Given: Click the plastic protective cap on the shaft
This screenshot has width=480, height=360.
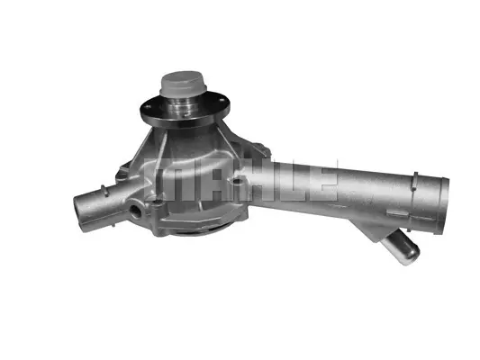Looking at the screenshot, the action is [x=184, y=82].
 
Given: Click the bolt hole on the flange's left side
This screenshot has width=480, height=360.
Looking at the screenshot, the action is [x=149, y=107].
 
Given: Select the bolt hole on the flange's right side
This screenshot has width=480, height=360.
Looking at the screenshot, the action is [x=222, y=99].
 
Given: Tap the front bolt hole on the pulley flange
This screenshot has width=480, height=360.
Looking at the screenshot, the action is [x=186, y=116].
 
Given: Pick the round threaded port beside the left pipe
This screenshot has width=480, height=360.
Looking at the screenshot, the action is [x=135, y=210].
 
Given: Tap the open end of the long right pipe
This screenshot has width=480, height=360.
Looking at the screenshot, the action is [x=444, y=206].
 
